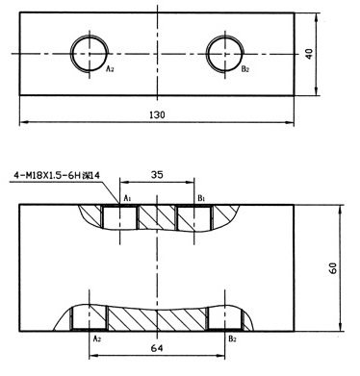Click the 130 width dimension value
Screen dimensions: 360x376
click(x=157, y=114)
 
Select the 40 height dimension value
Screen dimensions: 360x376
click(x=309, y=54)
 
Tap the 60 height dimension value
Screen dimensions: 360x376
click(x=333, y=268)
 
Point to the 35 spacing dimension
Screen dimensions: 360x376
click(x=157, y=175)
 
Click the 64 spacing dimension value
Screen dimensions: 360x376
click(x=157, y=348)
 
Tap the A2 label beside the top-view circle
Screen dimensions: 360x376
click(x=110, y=68)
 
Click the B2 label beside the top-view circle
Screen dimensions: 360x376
click(x=245, y=68)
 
